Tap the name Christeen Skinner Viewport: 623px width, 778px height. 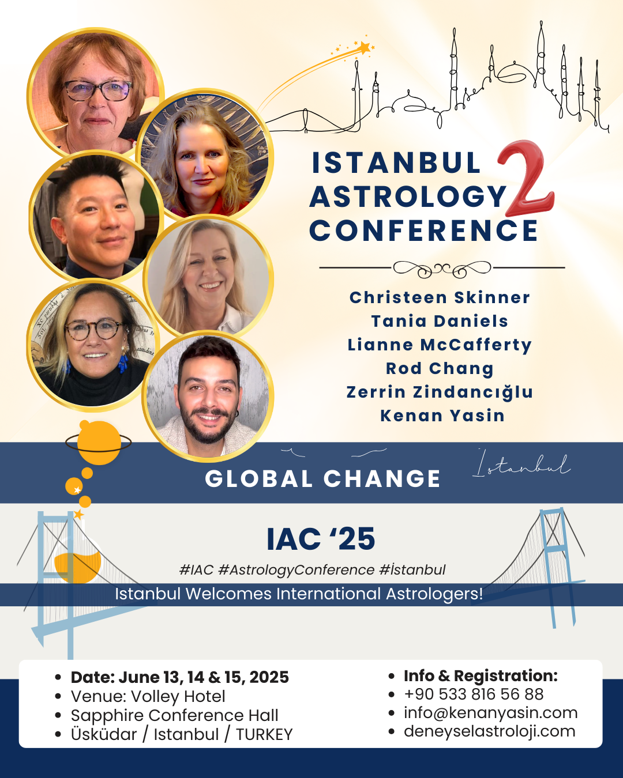[440, 297]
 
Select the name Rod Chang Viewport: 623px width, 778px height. [440, 368]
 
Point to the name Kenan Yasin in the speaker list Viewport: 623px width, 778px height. [442, 416]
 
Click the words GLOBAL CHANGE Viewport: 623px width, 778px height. [322, 479]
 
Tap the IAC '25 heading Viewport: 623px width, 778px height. [321, 539]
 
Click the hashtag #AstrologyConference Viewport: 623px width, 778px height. [297, 570]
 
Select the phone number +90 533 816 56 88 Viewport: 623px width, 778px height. [474, 694]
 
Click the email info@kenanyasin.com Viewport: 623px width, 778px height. [490, 712]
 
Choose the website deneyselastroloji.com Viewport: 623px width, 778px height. [489, 731]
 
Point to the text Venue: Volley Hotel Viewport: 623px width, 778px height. [148, 696]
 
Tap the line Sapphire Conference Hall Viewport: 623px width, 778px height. [174, 715]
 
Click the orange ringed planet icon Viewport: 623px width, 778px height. [99, 442]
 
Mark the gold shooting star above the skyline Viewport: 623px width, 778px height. [364, 48]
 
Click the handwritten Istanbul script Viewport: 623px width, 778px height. [522, 463]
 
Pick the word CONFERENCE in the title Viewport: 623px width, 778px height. [423, 231]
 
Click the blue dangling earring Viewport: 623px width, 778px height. [123, 362]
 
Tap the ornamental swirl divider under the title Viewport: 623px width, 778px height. [442, 269]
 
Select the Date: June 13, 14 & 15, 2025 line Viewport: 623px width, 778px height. [179, 677]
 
